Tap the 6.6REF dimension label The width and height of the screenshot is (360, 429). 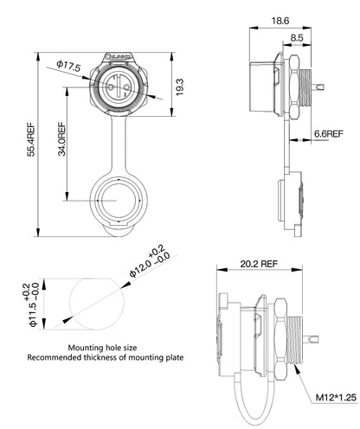pos(330,133)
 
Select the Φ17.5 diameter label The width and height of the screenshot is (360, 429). pos(68,66)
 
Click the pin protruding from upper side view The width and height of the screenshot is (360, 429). pos(320,87)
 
